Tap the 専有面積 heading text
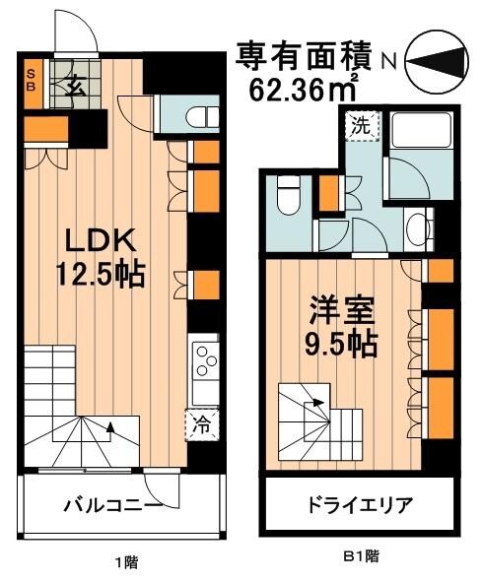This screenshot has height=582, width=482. (x=304, y=56)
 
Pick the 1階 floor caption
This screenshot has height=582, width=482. (x=125, y=563)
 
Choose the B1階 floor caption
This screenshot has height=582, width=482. (x=360, y=557)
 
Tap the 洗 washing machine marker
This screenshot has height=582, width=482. (x=361, y=126)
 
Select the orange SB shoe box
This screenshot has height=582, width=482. (x=32, y=79)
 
